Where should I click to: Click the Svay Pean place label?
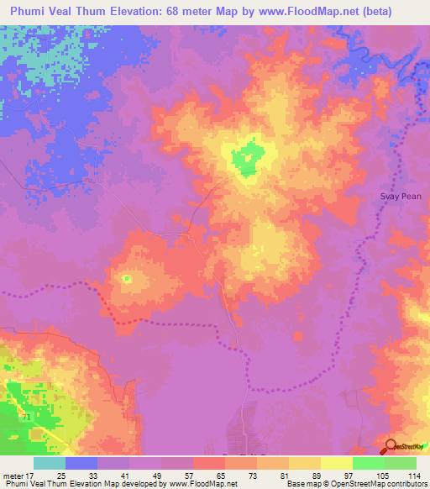398,197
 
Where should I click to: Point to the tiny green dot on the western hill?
127,278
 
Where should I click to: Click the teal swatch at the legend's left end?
50,463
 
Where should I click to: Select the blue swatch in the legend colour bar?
81,463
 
